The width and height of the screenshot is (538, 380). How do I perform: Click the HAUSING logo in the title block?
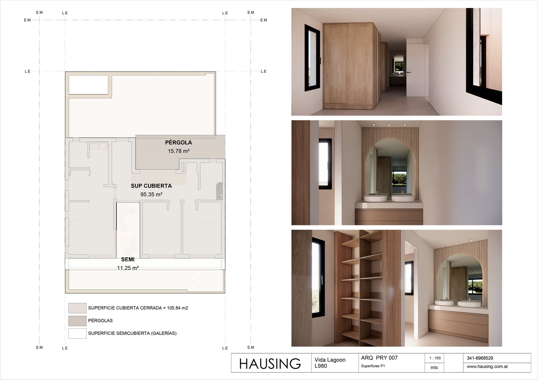click(x=270, y=363)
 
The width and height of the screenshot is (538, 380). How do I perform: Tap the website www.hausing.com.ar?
click(x=487, y=367)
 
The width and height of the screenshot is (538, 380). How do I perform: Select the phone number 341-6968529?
click(x=480, y=358)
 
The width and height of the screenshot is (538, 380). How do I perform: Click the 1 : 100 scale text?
click(x=435, y=358)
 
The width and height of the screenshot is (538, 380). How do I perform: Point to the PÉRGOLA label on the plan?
click(x=178, y=142)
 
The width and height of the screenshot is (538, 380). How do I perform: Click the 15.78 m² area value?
click(x=179, y=151)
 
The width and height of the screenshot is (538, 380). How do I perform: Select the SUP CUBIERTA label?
click(x=151, y=186)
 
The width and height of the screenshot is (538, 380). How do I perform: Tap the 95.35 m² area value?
click(x=151, y=194)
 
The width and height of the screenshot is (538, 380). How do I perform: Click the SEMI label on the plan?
click(x=128, y=259)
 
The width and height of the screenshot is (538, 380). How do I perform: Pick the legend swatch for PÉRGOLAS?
click(x=77, y=321)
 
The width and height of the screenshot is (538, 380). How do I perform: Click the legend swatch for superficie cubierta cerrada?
click(x=77, y=308)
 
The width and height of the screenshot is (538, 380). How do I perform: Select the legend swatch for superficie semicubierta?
click(x=77, y=333)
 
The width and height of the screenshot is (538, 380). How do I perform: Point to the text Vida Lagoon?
click(x=330, y=360)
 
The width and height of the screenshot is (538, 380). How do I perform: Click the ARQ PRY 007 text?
click(x=379, y=358)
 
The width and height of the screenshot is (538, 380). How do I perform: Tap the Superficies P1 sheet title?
click(x=373, y=366)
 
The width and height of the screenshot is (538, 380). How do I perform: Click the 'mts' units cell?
click(x=434, y=367)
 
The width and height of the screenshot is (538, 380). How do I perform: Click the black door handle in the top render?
click(x=409, y=72)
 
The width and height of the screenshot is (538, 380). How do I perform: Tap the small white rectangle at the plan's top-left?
click(x=89, y=85)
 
